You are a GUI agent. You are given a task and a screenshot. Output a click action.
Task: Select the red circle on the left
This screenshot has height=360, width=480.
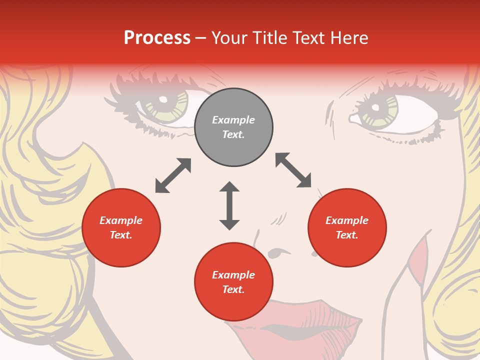[121, 228]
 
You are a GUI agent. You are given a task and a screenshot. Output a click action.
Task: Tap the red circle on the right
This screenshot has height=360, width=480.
[347, 228]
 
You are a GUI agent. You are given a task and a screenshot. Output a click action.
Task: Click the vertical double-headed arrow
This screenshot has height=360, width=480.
[229, 205]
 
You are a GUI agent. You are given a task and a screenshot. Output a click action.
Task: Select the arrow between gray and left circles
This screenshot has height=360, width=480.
[173, 175]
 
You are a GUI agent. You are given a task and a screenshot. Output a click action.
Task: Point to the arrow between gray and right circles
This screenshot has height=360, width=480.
[293, 170]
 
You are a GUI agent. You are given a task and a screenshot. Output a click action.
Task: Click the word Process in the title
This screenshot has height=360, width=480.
[157, 38]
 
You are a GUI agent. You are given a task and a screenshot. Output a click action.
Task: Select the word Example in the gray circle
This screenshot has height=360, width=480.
[233, 120]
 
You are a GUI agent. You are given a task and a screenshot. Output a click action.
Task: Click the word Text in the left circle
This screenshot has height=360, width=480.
[121, 235]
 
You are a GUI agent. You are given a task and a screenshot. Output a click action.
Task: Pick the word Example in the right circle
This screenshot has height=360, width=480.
[347, 220]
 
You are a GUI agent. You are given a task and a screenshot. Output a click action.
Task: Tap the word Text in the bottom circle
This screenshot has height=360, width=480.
[233, 289]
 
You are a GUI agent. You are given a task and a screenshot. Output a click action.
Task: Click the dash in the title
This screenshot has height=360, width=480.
[201, 38]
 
